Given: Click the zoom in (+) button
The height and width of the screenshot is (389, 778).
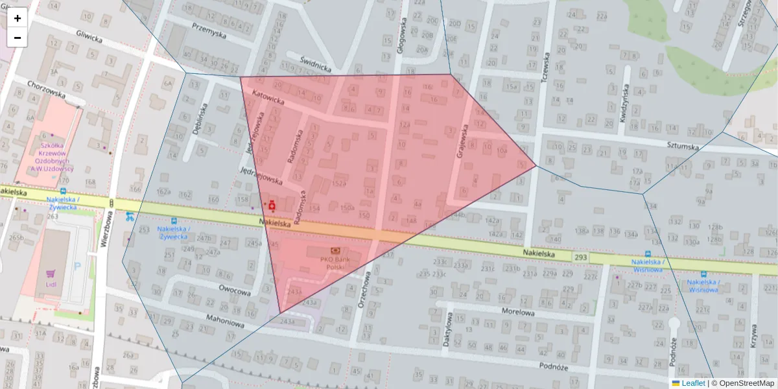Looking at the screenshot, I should coord(17,18).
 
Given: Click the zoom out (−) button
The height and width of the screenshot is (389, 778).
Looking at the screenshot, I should coord(17,38).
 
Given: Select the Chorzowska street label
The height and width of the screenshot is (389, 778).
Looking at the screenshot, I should coord(47,89).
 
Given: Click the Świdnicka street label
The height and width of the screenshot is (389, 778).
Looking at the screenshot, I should coord(316,63).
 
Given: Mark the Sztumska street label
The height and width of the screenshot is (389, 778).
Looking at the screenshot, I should coord(681,147).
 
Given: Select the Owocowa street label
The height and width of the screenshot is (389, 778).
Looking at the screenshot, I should coord(235,292).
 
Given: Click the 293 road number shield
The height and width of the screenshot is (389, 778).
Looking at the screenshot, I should coord(580,257).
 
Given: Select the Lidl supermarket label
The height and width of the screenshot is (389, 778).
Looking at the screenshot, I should coord(51,284).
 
